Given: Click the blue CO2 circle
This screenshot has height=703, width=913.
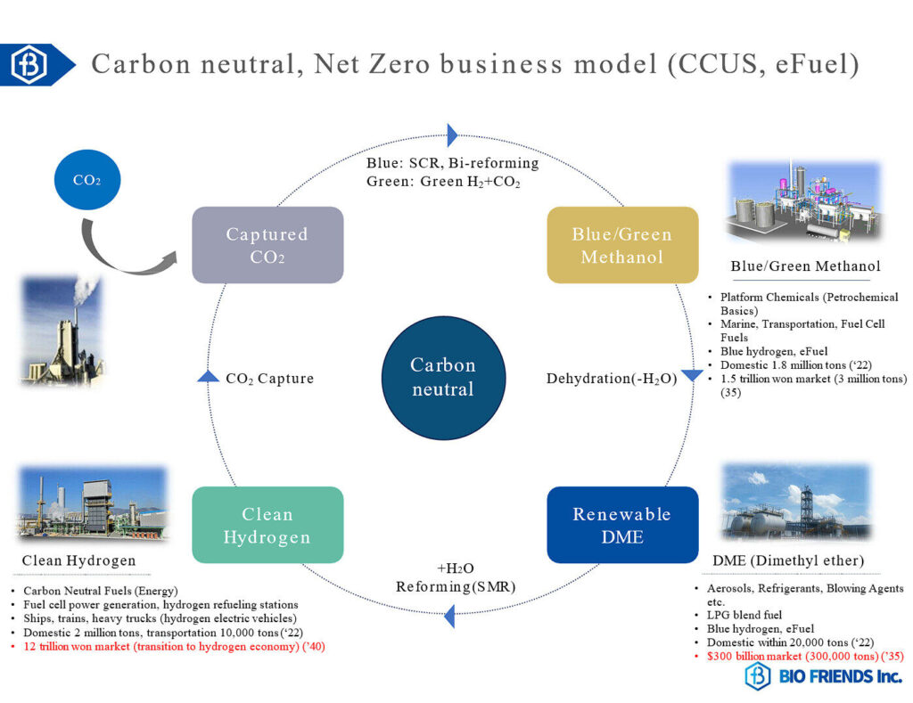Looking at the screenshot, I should (86, 179).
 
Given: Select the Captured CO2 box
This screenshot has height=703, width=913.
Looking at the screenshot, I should (267, 245).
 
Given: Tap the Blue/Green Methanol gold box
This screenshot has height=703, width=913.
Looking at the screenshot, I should (622, 245).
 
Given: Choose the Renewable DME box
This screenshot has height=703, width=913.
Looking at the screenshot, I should (622, 525).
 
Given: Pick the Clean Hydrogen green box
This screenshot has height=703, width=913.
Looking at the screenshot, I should (267, 525).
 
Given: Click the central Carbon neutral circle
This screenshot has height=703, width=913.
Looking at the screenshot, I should (443, 377).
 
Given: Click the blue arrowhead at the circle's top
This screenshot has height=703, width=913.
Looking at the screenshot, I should (452, 135).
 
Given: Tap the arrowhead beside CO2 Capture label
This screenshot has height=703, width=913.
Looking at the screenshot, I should (208, 377).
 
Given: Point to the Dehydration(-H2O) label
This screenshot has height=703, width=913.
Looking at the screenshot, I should (612, 379).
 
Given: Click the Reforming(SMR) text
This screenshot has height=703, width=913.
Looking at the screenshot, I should (456, 586).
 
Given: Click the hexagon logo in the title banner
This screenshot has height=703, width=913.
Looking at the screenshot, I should (29, 64).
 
